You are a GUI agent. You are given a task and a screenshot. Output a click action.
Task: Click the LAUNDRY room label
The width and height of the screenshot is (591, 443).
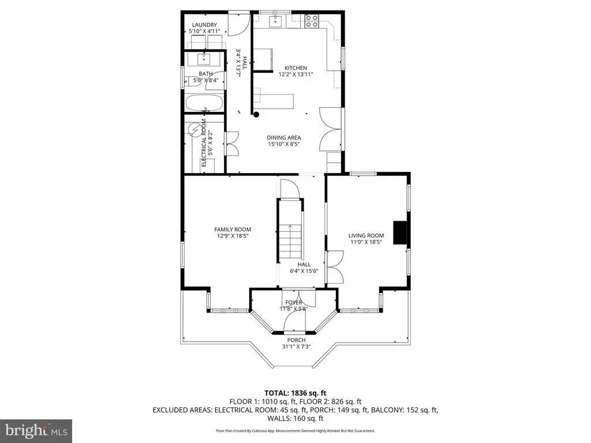click(x=204, y=25)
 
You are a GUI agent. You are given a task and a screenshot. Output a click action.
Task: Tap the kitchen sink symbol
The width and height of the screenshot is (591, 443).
click(x=276, y=21)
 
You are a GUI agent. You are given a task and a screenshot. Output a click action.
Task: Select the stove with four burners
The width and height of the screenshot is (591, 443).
click(x=312, y=21)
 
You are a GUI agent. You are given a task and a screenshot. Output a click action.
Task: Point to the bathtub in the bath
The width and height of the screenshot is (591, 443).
click(x=204, y=103)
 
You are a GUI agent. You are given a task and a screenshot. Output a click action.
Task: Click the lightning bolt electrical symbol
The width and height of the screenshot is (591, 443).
click(x=194, y=130)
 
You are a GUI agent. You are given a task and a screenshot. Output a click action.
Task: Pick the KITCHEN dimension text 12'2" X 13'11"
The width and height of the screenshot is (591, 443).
click(x=295, y=74)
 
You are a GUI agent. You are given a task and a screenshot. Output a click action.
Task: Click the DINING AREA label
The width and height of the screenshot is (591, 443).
click(x=284, y=137)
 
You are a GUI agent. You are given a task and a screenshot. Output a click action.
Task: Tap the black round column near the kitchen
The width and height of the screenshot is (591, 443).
click(x=256, y=115)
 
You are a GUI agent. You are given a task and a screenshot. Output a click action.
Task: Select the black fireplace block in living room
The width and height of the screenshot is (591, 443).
click(x=401, y=233)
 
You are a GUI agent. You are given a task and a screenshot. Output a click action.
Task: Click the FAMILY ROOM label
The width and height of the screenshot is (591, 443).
click(x=233, y=230)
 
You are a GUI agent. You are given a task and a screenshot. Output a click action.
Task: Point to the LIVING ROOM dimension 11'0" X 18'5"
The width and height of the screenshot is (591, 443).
click(x=366, y=242)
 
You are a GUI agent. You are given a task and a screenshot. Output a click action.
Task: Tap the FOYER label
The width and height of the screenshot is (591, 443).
click(x=294, y=302)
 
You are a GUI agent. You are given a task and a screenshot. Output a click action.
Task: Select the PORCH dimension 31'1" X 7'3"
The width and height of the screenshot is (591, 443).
click(x=296, y=347)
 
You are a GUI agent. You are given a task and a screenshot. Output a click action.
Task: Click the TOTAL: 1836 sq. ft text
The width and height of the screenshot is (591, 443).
click(x=295, y=393)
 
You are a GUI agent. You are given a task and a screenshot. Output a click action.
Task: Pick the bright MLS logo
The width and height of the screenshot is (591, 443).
click(x=36, y=431)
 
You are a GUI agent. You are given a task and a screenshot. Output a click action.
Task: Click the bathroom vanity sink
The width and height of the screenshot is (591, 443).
click(x=204, y=59)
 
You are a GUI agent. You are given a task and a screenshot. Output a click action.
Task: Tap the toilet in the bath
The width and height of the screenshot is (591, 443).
click(x=189, y=82)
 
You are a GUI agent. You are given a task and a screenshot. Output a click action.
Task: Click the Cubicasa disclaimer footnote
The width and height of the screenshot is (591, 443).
click(x=295, y=430)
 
